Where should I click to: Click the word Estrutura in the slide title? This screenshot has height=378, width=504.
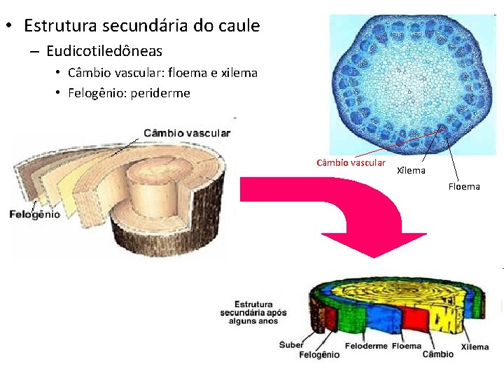(60, 26)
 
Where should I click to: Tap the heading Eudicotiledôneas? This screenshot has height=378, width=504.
(104, 51)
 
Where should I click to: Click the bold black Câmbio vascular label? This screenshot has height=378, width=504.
(187, 133)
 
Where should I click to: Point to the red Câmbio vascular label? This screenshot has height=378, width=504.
(351, 163)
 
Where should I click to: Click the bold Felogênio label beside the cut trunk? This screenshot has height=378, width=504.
(34, 214)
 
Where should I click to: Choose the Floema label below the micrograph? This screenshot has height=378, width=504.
(464, 186)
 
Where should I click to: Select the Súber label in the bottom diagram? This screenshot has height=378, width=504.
(291, 344)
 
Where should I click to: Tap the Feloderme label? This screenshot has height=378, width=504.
(365, 346)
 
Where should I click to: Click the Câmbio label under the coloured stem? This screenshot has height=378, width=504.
(437, 354)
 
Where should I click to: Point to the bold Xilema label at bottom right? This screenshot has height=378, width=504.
(475, 346)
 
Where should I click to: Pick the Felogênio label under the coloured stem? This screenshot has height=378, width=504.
(319, 355)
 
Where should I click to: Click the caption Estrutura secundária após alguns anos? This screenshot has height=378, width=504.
(248, 313)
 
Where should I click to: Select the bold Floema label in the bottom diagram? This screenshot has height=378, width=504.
(407, 346)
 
